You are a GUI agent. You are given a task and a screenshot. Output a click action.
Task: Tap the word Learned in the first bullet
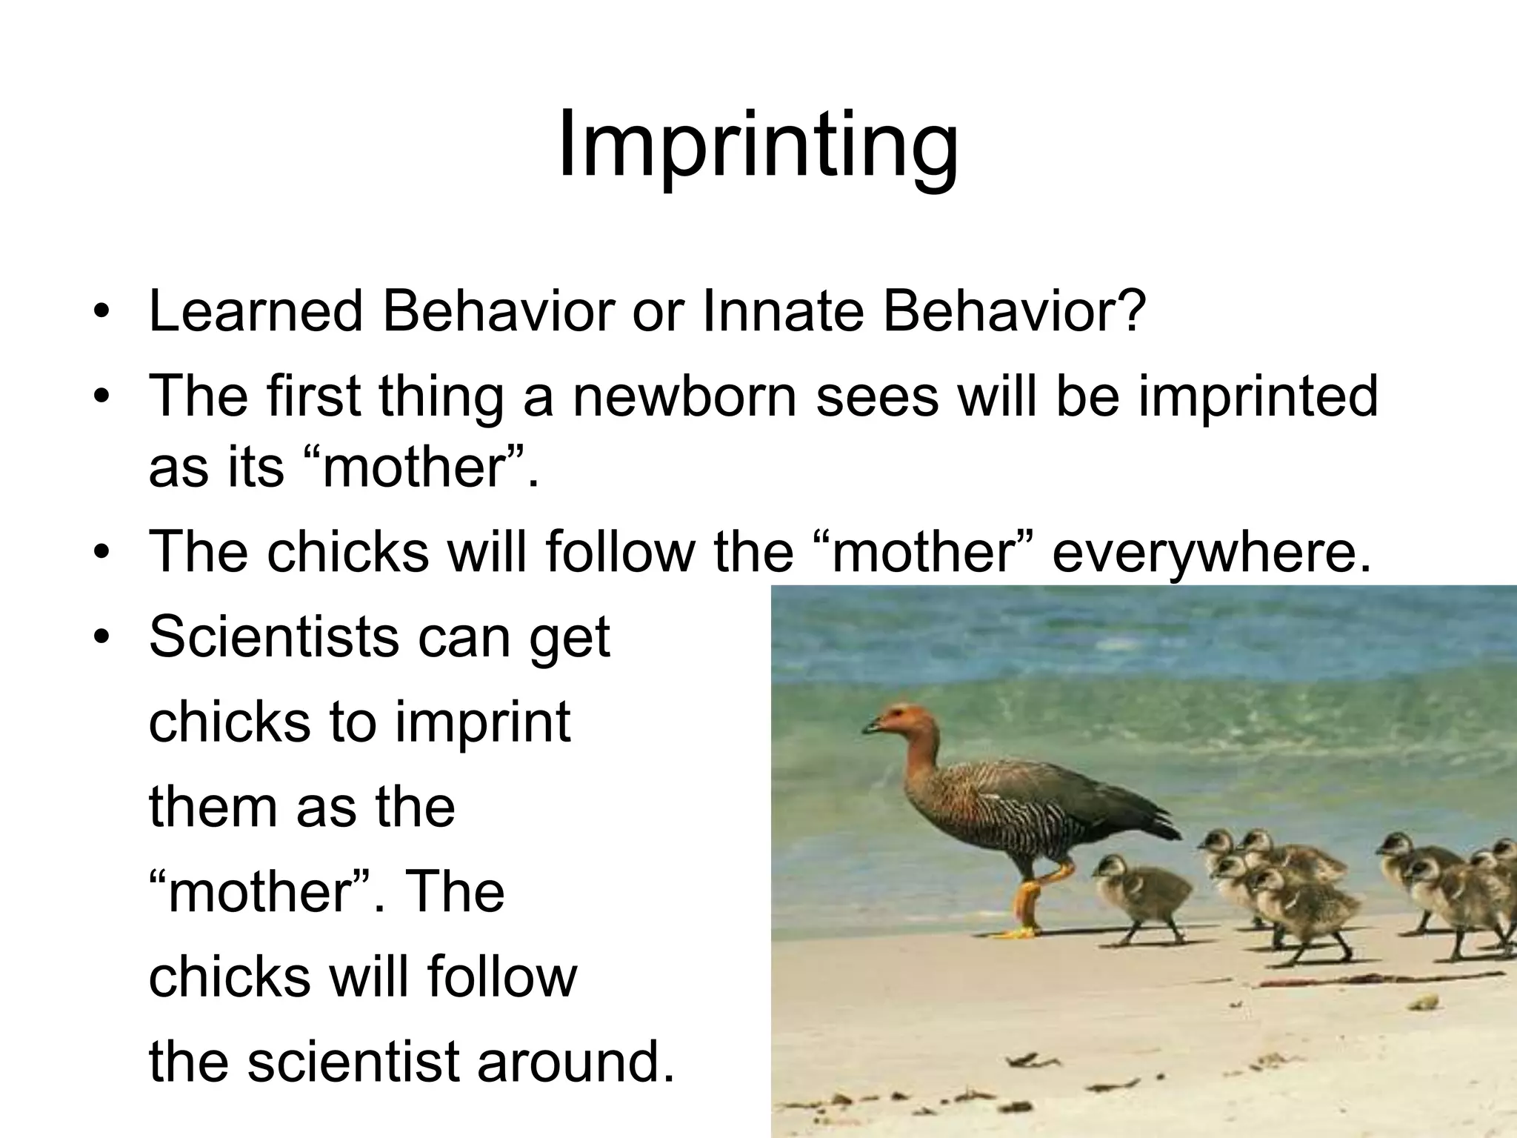(256, 311)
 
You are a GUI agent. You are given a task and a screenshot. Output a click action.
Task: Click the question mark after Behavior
(1129, 311)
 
